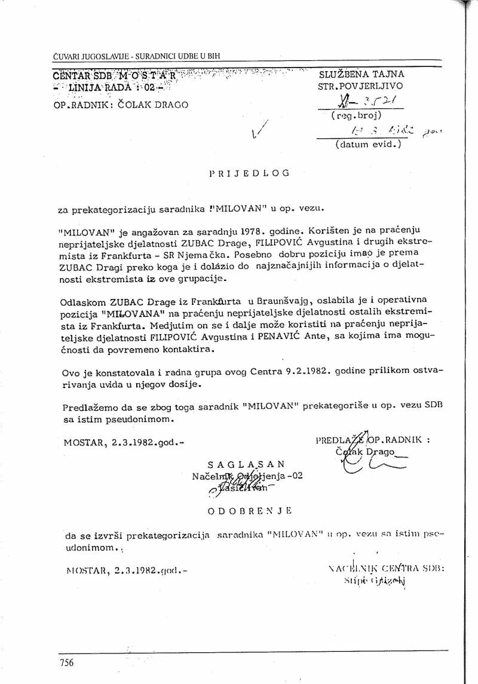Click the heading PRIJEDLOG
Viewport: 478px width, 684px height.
pyautogui.click(x=250, y=173)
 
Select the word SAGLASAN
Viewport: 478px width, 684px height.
pyautogui.click(x=246, y=463)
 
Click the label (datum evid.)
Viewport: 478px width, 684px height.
pyautogui.click(x=367, y=144)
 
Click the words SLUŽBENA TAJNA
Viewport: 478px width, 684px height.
pyautogui.click(x=361, y=74)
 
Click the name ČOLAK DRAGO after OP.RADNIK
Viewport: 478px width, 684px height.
pyautogui.click(x=152, y=105)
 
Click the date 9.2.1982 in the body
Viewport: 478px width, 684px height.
pyautogui.click(x=280, y=372)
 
